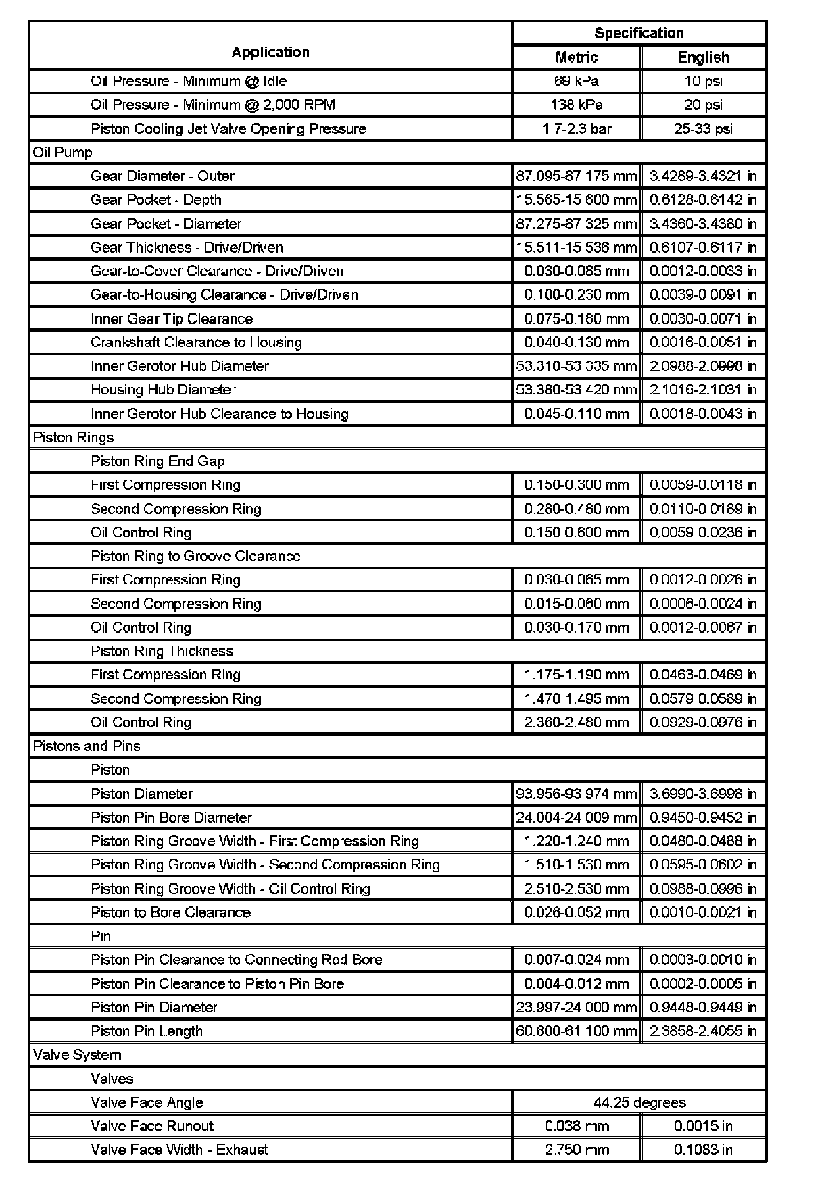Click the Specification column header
point(639,33)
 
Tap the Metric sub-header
point(577,57)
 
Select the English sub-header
point(703,57)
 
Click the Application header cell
point(270,52)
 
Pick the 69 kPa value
point(577,81)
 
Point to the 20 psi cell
point(703,105)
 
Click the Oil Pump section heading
point(63,152)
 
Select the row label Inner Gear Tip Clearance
point(172,319)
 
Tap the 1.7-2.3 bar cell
point(577,128)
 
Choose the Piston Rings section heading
point(73,437)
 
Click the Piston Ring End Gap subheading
point(158,461)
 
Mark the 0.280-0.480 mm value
point(577,509)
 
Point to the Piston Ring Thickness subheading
point(162,651)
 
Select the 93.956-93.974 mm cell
point(577,794)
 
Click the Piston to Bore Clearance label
point(171,912)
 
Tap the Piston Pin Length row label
point(147,1031)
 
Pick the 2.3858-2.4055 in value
point(703,1031)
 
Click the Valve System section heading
point(77,1054)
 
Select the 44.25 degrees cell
point(639,1102)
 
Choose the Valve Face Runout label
point(152,1126)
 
